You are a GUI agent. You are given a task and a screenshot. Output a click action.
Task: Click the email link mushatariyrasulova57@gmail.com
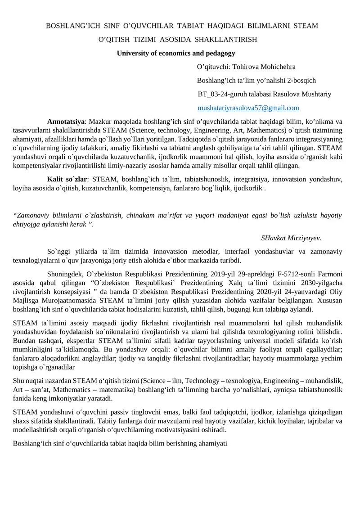pos(248,108)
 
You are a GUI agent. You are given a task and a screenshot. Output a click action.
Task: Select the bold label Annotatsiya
pos(66,122)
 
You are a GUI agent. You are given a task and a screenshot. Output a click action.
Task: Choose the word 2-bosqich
pos(300,81)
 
